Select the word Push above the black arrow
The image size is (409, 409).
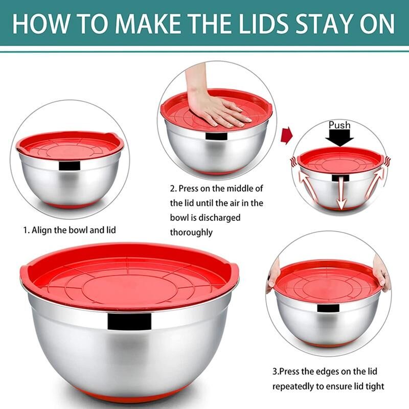click(339, 125)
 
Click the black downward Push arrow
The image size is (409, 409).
click(339, 138)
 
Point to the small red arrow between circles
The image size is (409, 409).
click(286, 135)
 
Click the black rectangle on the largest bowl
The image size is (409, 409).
click(129, 321)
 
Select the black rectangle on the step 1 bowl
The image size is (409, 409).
click(70, 166)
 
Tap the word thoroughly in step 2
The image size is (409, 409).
click(191, 232)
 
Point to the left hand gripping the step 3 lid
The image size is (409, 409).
click(272, 275)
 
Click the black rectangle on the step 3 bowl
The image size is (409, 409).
click(328, 308)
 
